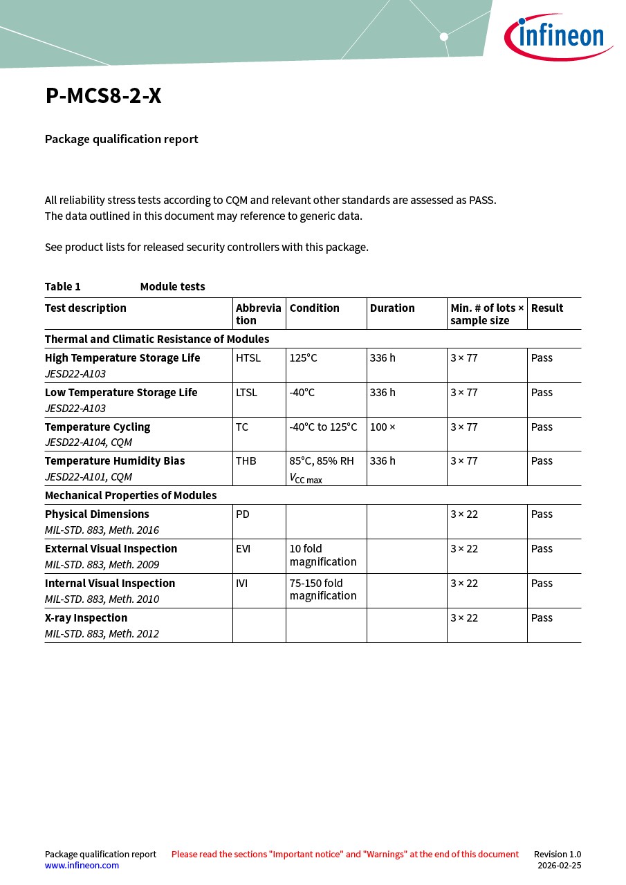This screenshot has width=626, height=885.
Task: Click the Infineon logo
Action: [x=558, y=37]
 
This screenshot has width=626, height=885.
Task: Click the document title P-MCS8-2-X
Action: [x=103, y=96]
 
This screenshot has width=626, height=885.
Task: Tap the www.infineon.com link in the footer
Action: [x=82, y=865]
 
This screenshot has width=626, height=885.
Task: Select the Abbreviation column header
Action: [x=258, y=314]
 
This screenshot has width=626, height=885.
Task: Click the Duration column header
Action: [x=392, y=308]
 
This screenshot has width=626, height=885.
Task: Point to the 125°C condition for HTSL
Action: [x=303, y=358]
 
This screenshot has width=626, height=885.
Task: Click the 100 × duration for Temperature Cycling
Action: [x=383, y=427]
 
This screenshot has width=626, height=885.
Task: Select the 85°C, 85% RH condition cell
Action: [x=322, y=461]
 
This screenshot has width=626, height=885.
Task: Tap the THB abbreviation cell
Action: [x=246, y=461]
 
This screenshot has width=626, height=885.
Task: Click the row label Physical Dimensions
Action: [x=97, y=514]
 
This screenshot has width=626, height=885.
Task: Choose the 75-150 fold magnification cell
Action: [x=323, y=590]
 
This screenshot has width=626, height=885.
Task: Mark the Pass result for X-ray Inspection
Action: [x=542, y=618]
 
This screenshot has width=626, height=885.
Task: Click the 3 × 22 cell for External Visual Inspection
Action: [x=464, y=549]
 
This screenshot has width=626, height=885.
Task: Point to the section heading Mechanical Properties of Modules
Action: [x=131, y=496]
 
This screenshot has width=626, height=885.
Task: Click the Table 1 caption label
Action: [x=63, y=287]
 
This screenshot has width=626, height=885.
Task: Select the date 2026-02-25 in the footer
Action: [x=559, y=865]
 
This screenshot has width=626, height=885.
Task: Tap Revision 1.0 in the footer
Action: [x=557, y=854]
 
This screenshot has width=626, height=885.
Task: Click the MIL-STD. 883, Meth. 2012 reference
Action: [x=102, y=633]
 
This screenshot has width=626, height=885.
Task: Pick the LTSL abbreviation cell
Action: [x=246, y=393]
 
